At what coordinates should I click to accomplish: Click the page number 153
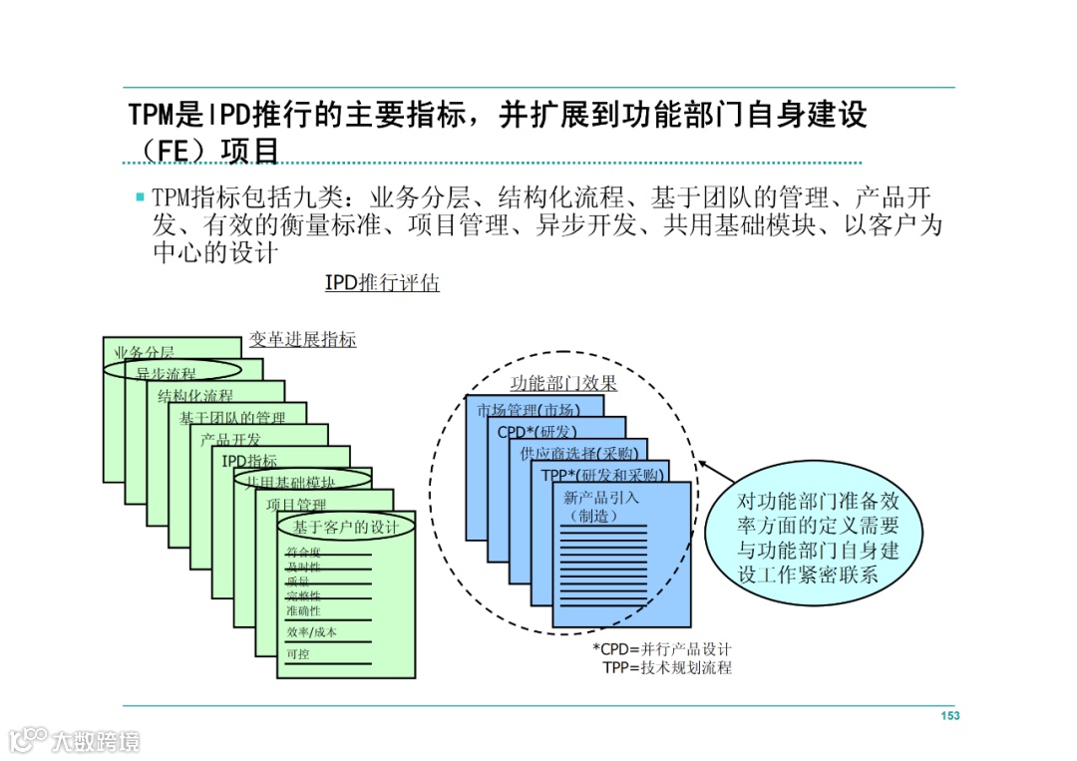point(949,716)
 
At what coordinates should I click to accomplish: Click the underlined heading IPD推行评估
point(382,283)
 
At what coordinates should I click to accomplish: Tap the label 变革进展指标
point(302,340)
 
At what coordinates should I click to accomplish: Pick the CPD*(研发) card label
point(538,432)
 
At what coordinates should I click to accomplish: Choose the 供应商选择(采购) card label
point(579,454)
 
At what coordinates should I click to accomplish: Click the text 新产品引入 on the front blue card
point(601,498)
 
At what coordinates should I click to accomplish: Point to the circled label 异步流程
point(167,374)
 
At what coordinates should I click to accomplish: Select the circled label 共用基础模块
point(291,482)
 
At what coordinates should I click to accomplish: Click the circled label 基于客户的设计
point(345,526)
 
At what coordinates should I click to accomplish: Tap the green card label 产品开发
point(230,439)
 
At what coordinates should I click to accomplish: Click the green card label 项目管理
point(296,505)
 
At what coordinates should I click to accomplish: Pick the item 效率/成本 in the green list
point(311,632)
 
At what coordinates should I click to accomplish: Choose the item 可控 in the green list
point(297,654)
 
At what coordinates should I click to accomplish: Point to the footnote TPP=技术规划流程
point(666,667)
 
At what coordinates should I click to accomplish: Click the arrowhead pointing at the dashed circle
point(703,464)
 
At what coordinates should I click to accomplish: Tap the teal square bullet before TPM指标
point(141,197)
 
